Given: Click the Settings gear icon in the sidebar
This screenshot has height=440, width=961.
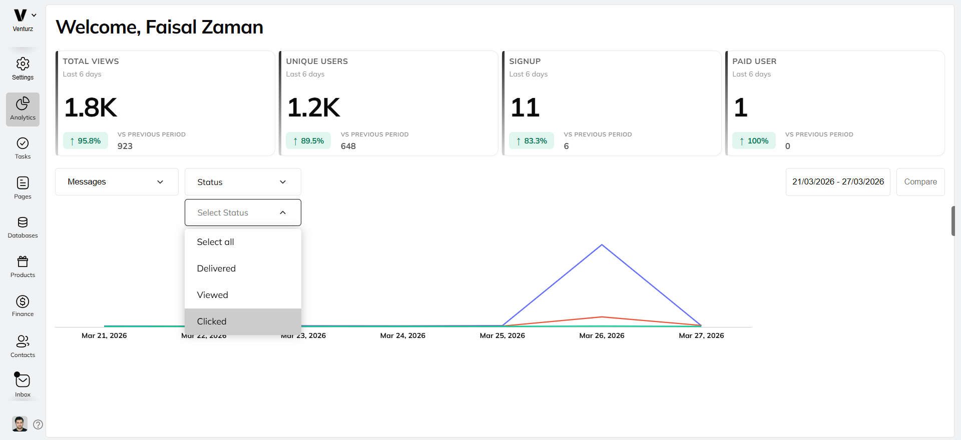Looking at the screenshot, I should [x=23, y=64].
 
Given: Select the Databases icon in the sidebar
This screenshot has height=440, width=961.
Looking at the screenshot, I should [x=23, y=222].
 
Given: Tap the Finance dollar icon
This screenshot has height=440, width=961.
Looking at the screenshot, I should [x=23, y=301].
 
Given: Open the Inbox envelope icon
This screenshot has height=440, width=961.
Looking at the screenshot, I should [x=23, y=381].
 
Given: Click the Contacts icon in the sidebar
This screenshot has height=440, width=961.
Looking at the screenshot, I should [x=23, y=341].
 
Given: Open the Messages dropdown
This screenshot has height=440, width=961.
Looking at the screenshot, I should [x=117, y=182].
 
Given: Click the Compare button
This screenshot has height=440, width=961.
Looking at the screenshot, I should [x=920, y=182].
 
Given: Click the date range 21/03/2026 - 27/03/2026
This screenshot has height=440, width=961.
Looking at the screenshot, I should [x=837, y=182].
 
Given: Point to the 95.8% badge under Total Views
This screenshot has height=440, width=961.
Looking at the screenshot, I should [x=86, y=141].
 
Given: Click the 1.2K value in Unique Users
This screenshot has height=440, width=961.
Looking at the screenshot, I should [x=313, y=107].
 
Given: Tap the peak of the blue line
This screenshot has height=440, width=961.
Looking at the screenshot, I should [x=602, y=245].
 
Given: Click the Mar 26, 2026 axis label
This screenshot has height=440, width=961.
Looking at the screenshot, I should [x=602, y=335].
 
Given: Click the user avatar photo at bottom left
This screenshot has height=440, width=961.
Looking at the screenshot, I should [x=20, y=424].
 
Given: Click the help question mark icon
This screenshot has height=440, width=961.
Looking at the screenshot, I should [x=38, y=424].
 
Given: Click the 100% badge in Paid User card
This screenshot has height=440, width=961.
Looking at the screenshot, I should [x=754, y=141].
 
